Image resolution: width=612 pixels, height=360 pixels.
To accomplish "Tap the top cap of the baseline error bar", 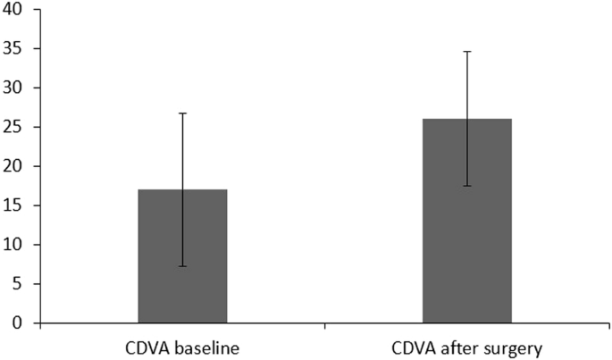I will pos(182,113).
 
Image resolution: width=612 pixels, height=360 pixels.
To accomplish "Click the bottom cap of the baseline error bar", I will pos(182,266).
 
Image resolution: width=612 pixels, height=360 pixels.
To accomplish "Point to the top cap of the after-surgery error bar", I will pos(466,52).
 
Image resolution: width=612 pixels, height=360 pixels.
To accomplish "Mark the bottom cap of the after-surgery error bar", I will pos(466,186).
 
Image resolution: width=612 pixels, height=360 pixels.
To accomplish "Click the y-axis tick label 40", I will pos(16,9).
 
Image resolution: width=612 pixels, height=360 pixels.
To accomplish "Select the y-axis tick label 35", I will pos(16,48).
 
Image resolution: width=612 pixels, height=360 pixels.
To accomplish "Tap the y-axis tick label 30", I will pos(16,88).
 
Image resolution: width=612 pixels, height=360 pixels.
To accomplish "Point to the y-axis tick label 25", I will pos(16,127).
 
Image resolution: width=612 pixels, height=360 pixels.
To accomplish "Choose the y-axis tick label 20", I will pos(16,166).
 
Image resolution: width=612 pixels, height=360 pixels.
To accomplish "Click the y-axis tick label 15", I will pos(16,205).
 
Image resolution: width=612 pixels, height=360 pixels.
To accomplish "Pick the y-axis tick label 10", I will pos(16,245).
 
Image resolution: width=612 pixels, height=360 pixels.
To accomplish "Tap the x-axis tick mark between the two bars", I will pos(324,327).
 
